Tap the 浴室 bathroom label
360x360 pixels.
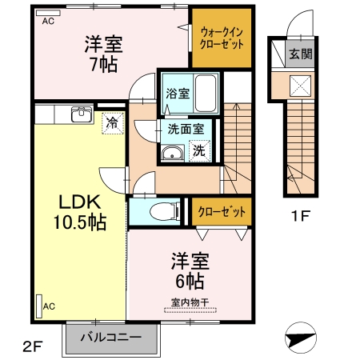(x=177, y=93)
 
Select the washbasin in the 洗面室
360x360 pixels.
(x=171, y=154)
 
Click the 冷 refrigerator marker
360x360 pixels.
(x=112, y=123)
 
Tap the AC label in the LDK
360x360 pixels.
(x=49, y=306)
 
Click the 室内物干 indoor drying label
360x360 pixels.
(x=190, y=302)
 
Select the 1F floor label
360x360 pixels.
(x=300, y=215)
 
